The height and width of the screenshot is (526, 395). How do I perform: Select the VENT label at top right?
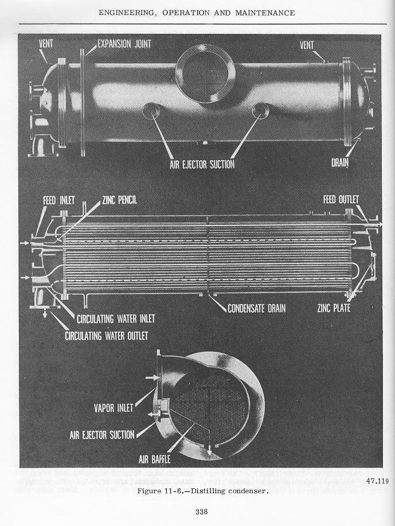307,45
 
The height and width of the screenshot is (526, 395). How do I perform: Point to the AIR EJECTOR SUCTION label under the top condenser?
202,164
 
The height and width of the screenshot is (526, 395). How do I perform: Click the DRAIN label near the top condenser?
340,163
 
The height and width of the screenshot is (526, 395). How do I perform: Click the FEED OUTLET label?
341,199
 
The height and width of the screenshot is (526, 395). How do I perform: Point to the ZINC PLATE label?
333,308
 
